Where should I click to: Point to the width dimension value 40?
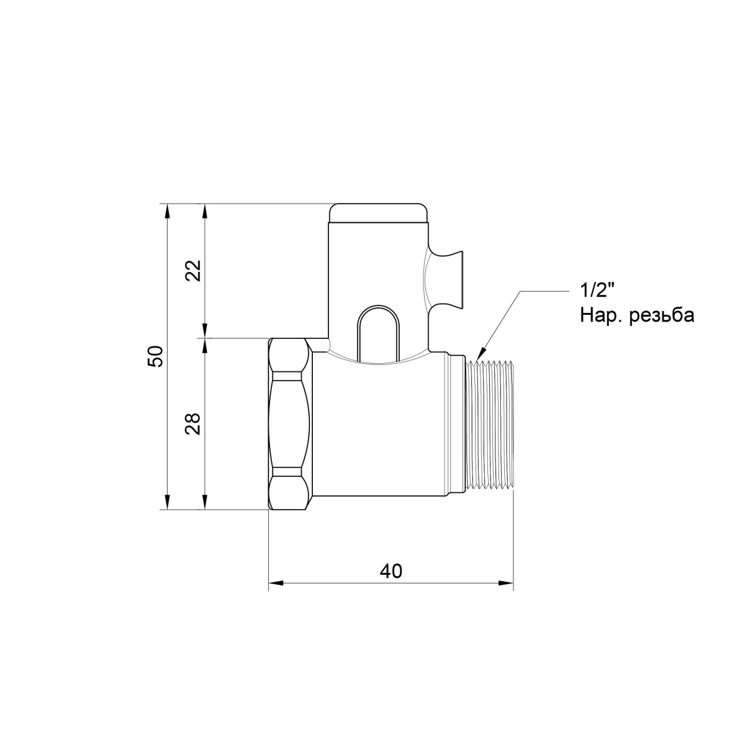[x=391, y=571]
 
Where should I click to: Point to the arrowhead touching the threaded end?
[x=480, y=356]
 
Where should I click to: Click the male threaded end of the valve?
[x=490, y=426]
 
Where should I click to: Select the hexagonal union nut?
[x=290, y=424]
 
